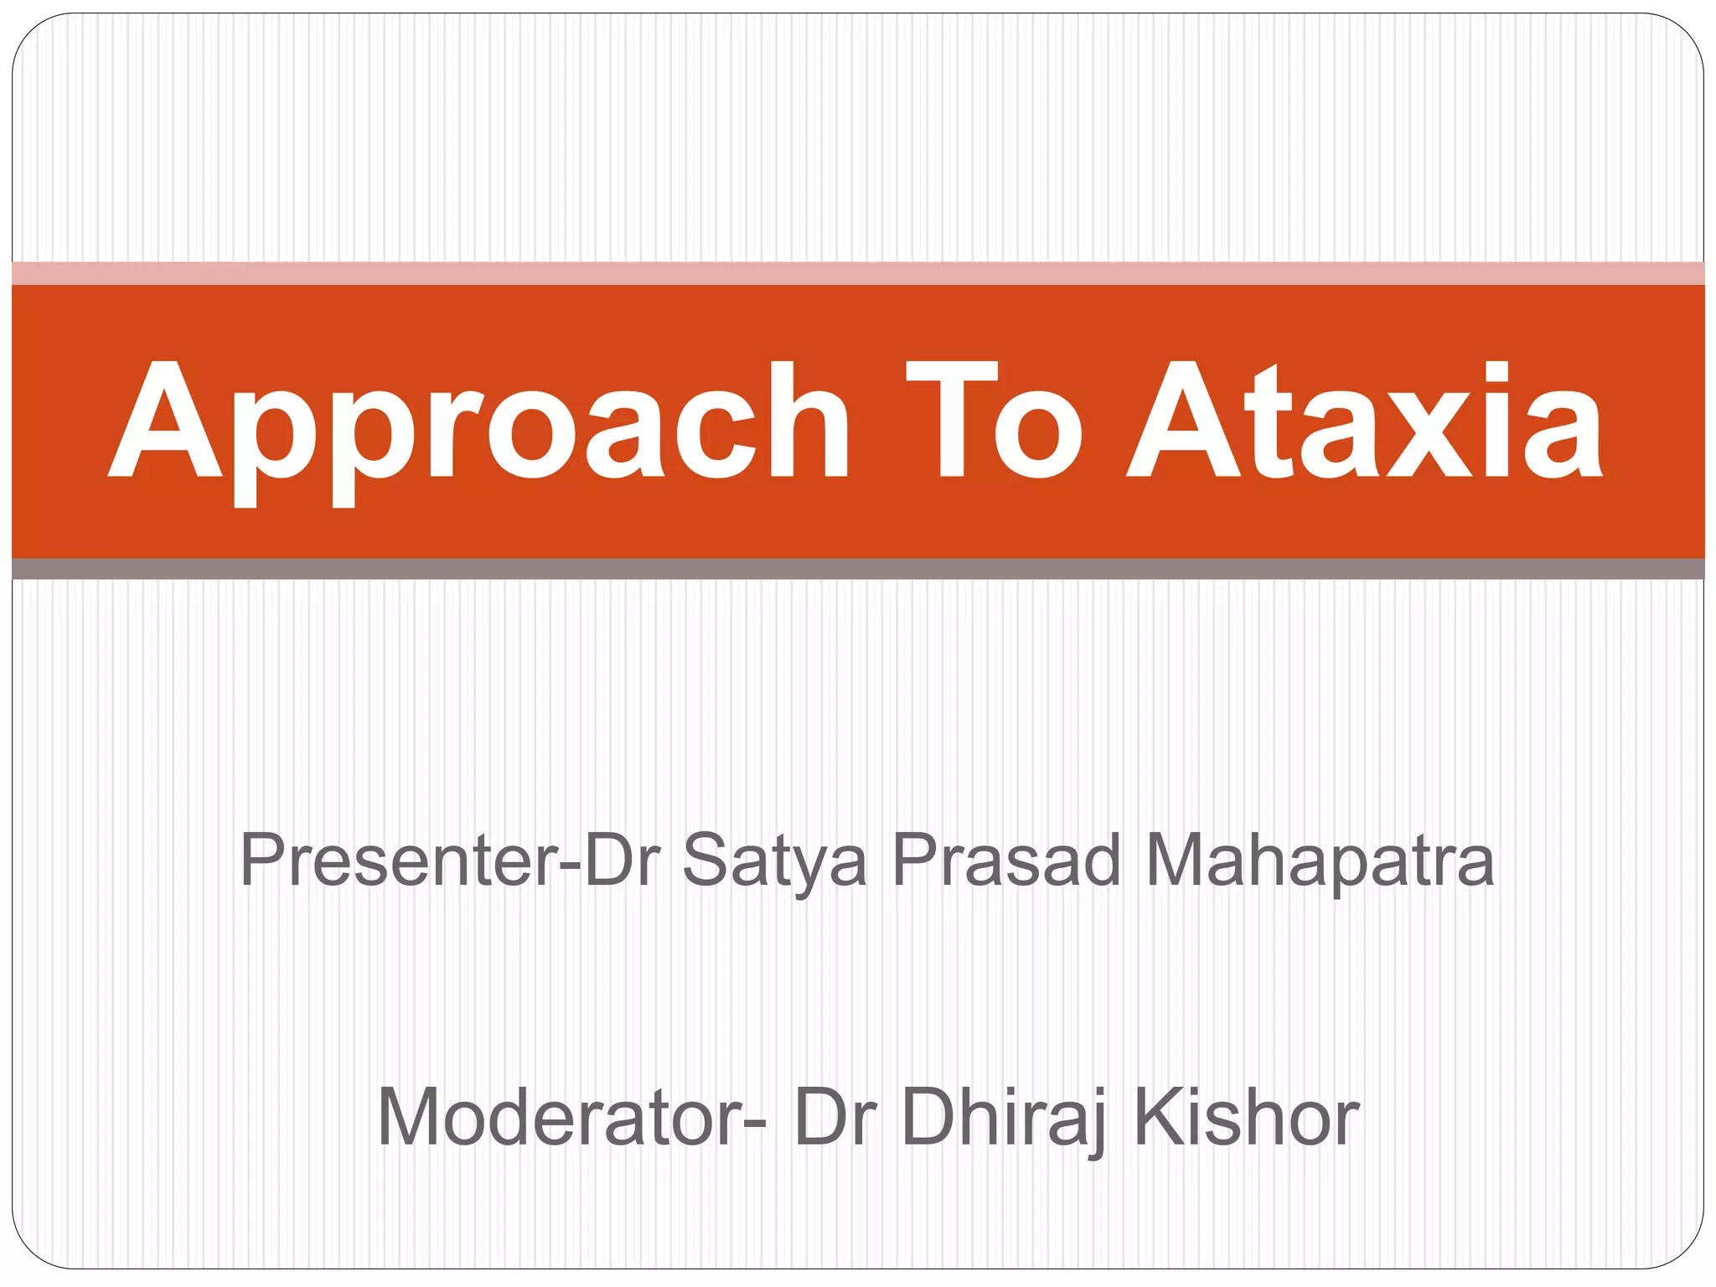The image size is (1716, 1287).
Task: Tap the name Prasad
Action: pos(1005,861)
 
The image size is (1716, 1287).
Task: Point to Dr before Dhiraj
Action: pos(835,1117)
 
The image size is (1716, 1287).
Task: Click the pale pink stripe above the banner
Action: pos(858,273)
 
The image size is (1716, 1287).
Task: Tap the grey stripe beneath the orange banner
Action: pos(858,569)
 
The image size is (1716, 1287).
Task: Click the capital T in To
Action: pos(952,419)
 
